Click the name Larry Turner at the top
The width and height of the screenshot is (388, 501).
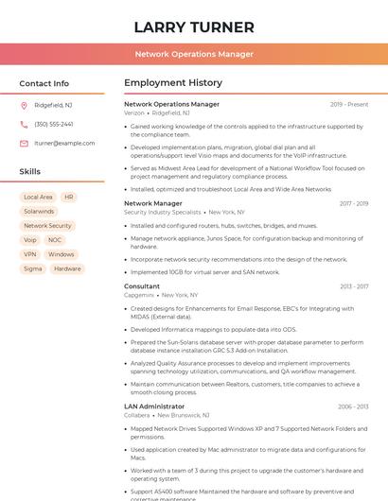(194, 26)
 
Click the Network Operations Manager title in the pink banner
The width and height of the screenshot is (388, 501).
(194, 55)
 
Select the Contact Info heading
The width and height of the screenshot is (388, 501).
(44, 83)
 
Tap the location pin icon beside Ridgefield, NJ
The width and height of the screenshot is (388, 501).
(24, 105)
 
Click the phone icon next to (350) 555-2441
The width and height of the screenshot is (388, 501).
(24, 124)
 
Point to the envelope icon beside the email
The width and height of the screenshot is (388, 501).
(24, 143)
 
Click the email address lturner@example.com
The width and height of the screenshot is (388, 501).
(64, 143)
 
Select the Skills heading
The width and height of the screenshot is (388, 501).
(29, 172)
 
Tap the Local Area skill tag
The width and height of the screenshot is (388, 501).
(38, 198)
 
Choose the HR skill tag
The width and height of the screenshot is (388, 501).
(69, 198)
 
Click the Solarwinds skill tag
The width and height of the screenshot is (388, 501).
(40, 212)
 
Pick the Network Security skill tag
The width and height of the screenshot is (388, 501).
(47, 226)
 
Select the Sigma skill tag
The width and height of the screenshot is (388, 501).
(33, 268)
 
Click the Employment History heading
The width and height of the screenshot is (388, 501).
(172, 83)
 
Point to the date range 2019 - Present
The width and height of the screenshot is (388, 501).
(349, 105)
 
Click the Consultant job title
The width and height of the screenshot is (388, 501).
(142, 285)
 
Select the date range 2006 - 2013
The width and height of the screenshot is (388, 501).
(352, 406)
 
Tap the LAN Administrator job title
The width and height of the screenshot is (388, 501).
(154, 406)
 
